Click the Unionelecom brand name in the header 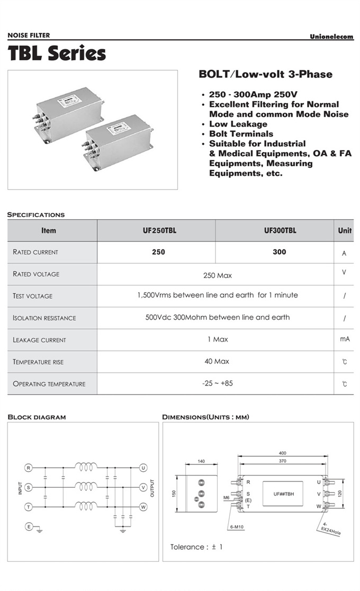(x=331, y=37)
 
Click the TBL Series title (x=57, y=53)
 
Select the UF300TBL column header (x=280, y=230)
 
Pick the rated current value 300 (x=280, y=252)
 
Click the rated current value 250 (x=158, y=252)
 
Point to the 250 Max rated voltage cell (x=218, y=275)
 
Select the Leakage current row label (x=40, y=340)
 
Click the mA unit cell (x=345, y=339)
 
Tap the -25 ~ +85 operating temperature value (x=218, y=383)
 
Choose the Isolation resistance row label (x=44, y=318)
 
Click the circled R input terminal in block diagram (x=29, y=468)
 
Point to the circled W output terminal (x=143, y=507)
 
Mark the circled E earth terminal (x=29, y=526)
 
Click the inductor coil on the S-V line (x=86, y=486)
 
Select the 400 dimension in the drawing (x=282, y=453)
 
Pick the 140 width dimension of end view (x=201, y=461)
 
